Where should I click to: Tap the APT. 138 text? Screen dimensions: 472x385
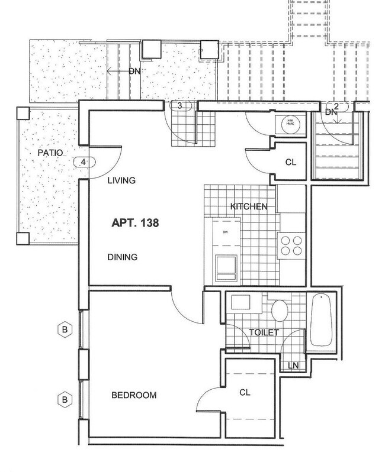[136, 223]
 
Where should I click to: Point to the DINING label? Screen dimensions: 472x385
[123, 257]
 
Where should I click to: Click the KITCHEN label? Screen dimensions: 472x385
[249, 206]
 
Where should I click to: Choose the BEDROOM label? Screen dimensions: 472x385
[134, 396]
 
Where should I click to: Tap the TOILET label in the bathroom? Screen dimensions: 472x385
[264, 333]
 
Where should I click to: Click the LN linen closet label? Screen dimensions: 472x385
[293, 366]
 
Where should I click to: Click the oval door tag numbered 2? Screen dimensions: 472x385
[336, 106]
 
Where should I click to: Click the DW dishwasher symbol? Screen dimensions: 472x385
[226, 231]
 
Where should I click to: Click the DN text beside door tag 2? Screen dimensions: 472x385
[331, 112]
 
